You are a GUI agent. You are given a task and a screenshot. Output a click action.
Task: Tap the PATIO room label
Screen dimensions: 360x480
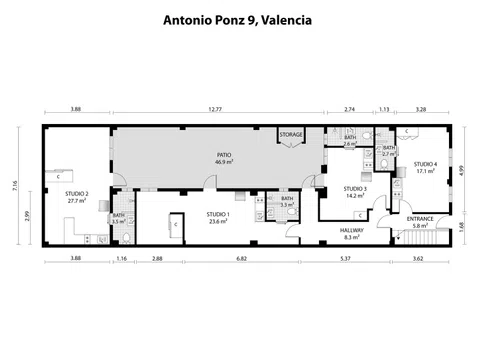coord(225,155)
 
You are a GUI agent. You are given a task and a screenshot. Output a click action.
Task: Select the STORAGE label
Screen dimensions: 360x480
coord(291,134)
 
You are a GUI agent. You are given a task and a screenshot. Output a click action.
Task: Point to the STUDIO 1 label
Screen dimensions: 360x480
coord(218,214)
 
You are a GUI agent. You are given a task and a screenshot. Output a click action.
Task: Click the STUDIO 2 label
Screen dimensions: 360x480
coord(78,194)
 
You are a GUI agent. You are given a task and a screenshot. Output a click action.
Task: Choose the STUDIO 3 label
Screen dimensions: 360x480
coord(355,189)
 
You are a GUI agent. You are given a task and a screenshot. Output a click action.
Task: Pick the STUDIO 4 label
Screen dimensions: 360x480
coord(426,163)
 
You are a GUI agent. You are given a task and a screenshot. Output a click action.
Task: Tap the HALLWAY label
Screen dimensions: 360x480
coord(351,230)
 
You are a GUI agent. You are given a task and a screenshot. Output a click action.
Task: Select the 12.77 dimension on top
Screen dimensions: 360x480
coord(215,107)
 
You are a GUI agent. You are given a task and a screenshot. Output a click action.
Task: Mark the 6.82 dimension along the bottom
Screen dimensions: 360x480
coord(241,259)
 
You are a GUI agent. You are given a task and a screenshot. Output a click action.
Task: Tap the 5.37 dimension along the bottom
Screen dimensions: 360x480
coord(345,259)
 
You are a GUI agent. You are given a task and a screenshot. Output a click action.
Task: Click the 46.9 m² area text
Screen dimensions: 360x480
coord(225,162)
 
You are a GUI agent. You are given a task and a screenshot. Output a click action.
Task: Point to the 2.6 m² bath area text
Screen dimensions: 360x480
coord(350,144)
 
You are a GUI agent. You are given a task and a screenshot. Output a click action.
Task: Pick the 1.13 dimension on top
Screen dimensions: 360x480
coord(382,107)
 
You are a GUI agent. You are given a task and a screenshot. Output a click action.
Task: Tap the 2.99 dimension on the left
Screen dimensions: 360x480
coord(31,217)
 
